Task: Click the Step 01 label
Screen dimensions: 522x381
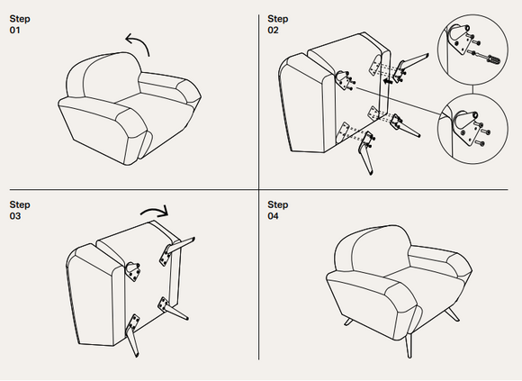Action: (x=20, y=24)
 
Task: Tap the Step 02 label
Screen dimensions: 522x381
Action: (x=277, y=24)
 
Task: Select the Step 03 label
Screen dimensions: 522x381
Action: (x=20, y=210)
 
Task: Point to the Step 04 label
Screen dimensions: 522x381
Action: (x=277, y=210)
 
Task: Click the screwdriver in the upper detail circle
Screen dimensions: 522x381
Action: (x=487, y=58)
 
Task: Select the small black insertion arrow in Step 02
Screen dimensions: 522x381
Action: (x=387, y=81)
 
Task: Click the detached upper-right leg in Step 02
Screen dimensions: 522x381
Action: (x=409, y=66)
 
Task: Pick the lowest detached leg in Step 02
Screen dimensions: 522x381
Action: (x=366, y=152)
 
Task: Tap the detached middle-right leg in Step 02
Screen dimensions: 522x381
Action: (x=404, y=125)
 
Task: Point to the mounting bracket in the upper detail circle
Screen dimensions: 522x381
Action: (x=461, y=39)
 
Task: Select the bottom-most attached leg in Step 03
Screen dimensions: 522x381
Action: (x=132, y=335)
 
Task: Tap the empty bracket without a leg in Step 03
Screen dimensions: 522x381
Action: (x=133, y=271)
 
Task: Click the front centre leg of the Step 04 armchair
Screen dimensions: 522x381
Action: (x=409, y=345)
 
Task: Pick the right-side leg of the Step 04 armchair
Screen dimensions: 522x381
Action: (x=452, y=314)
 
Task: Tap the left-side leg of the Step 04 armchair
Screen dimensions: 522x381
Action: (x=347, y=322)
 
